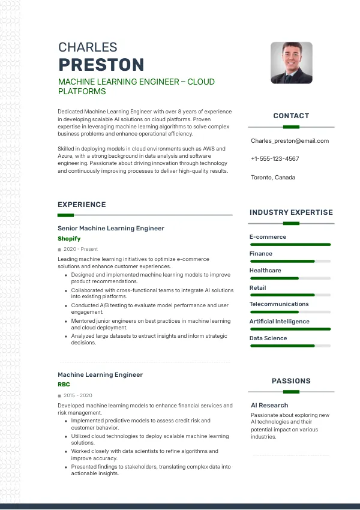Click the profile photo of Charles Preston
coord(291,62)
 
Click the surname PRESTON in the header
coord(101,65)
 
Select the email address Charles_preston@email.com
coord(290,141)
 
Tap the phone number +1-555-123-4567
coord(275,159)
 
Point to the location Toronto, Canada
coord(273,178)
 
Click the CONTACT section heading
coord(291,116)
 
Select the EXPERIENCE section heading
coord(82,205)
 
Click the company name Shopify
coord(69,239)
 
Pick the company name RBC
coord(64,384)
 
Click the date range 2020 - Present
coord(80,249)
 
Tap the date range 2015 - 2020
coord(77,395)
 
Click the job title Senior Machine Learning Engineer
coord(111,229)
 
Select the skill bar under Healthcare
coord(290,278)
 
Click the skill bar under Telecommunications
coord(290,312)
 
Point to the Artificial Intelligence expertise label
coord(280,322)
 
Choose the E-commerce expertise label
coord(268,237)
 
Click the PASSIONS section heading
coord(291,381)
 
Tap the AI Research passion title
coord(269,406)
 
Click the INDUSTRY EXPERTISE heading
coord(291,212)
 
